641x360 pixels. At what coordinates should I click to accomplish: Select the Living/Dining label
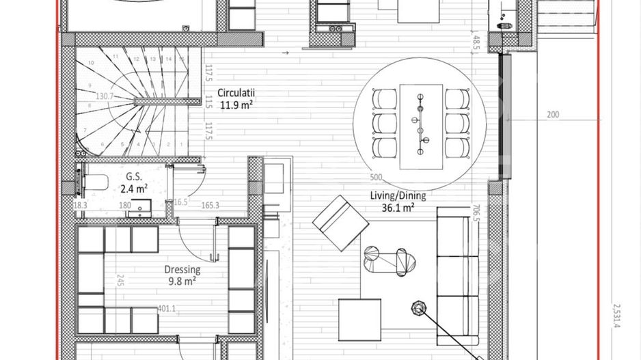point(398,195)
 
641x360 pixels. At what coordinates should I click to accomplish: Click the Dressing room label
point(182,269)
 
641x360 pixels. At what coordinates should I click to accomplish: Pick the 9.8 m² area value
point(182,280)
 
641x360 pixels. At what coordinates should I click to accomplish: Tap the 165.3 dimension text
point(210,204)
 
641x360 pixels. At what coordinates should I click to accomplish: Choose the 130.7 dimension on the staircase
point(105,96)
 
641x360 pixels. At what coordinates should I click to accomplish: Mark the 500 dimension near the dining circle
point(375,178)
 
